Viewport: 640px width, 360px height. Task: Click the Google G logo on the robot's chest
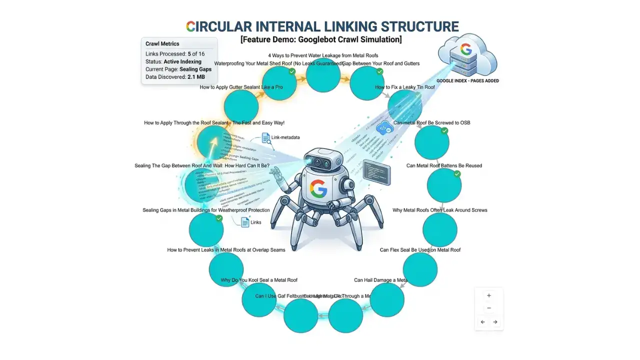point(318,189)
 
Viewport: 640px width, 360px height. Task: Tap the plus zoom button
point(489,295)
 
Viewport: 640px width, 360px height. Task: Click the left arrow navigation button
point(483,322)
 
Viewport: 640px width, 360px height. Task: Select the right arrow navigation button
point(495,322)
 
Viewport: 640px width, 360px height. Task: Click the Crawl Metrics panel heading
point(162,44)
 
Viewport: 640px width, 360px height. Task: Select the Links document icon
point(245,222)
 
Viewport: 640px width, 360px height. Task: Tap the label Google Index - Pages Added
point(467,80)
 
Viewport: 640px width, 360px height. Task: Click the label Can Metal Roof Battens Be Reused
point(444,165)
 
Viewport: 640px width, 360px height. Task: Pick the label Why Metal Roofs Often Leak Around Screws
point(439,210)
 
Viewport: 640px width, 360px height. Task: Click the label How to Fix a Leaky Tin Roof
point(404,87)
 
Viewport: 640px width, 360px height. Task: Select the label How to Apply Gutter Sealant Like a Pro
point(241,87)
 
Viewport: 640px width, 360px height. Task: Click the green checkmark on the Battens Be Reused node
point(457,174)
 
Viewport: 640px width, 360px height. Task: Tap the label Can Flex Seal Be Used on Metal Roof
point(420,249)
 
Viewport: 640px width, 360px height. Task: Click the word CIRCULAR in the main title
point(222,26)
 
